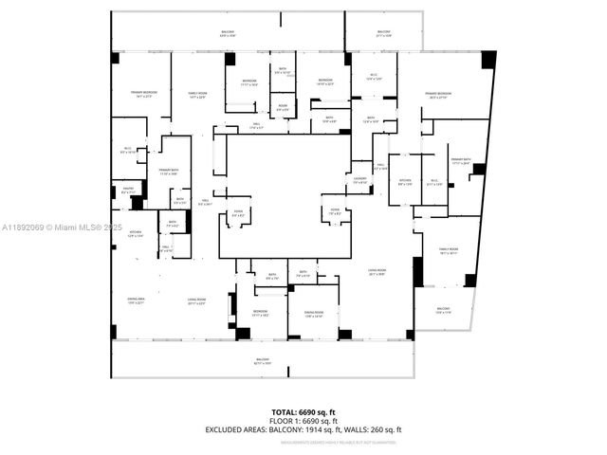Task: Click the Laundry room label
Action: point(360,180)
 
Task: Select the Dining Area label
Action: point(136,301)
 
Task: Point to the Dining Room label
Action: point(314,314)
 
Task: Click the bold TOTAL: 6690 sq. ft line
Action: point(303,412)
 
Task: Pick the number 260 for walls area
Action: point(379,429)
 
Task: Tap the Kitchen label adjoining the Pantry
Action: point(135,234)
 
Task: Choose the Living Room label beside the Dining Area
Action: point(196,302)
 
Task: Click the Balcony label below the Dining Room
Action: point(262,361)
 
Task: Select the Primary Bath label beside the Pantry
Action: point(169,172)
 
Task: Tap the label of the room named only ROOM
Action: point(283,108)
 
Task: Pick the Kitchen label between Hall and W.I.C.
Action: point(405,182)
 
